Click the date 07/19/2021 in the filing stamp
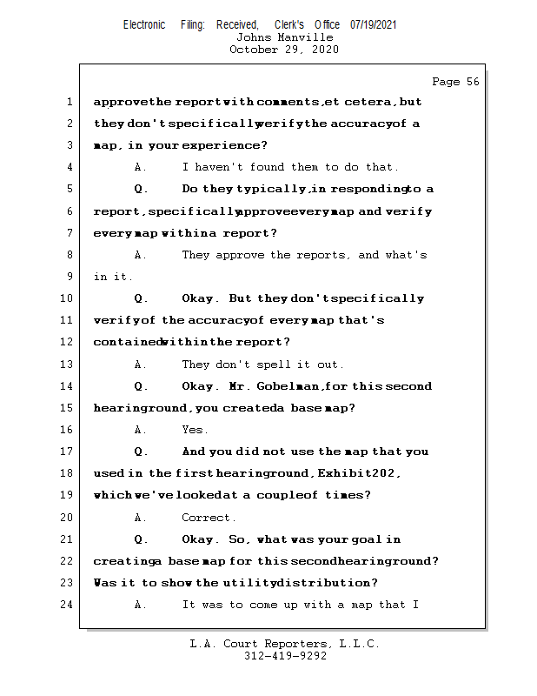374,25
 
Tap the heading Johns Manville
284,37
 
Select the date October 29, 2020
284,50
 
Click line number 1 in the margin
69,102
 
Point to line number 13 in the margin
66,365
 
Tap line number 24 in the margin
66,605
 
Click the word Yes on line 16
194,430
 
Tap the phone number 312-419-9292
284,657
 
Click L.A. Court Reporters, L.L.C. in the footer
284,645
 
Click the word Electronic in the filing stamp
144,25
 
